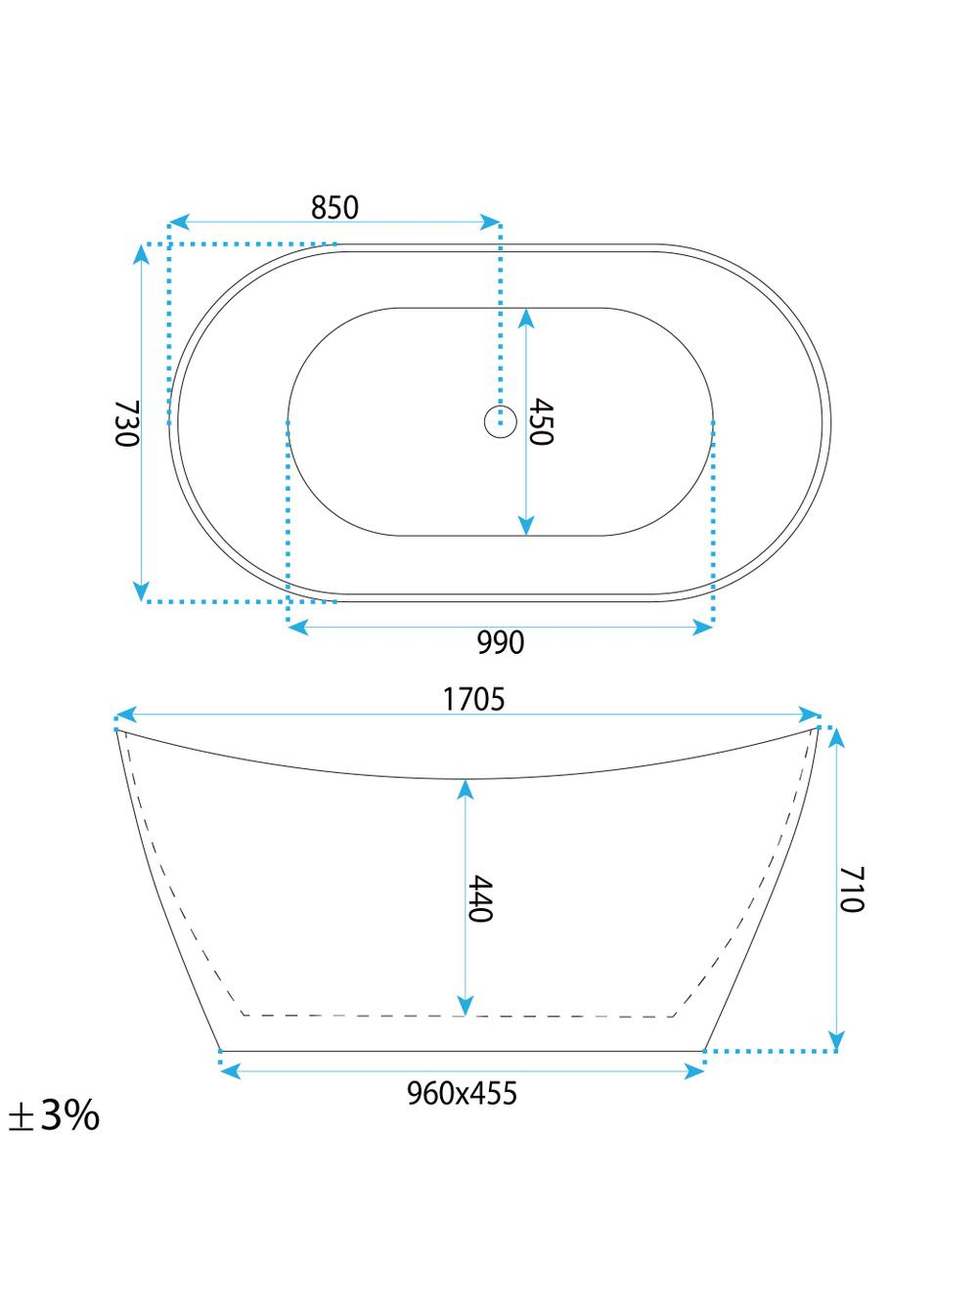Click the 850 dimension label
pyautogui.click(x=334, y=207)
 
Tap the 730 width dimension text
pyautogui.click(x=126, y=423)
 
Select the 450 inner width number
pyautogui.click(x=541, y=421)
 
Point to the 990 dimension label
pyautogui.click(x=501, y=642)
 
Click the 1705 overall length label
pyautogui.click(x=473, y=699)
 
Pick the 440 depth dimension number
pyautogui.click(x=479, y=898)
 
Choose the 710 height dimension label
pyautogui.click(x=851, y=890)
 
